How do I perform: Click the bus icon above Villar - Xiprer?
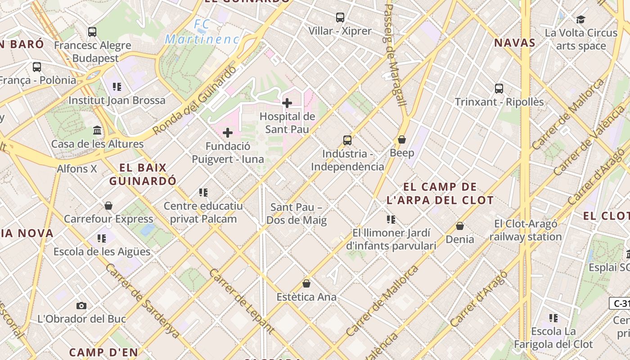[340, 18]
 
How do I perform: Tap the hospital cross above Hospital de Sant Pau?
[287, 103]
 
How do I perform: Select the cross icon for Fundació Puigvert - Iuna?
[228, 133]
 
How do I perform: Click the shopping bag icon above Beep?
[402, 139]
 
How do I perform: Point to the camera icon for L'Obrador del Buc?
[81, 306]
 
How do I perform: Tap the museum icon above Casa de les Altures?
[97, 130]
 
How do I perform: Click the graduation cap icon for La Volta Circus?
[580, 19]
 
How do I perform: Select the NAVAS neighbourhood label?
[515, 43]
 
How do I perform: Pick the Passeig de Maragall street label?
[395, 55]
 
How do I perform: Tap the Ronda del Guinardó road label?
[194, 101]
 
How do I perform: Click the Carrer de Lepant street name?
[242, 301]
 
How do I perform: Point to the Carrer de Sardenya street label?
[143, 301]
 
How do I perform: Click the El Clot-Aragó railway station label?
[526, 230]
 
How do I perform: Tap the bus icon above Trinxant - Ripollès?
[499, 88]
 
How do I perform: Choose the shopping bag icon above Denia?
[460, 226]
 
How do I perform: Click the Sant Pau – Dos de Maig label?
[297, 214]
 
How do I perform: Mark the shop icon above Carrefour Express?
[108, 206]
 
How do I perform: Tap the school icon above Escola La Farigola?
[553, 318]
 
